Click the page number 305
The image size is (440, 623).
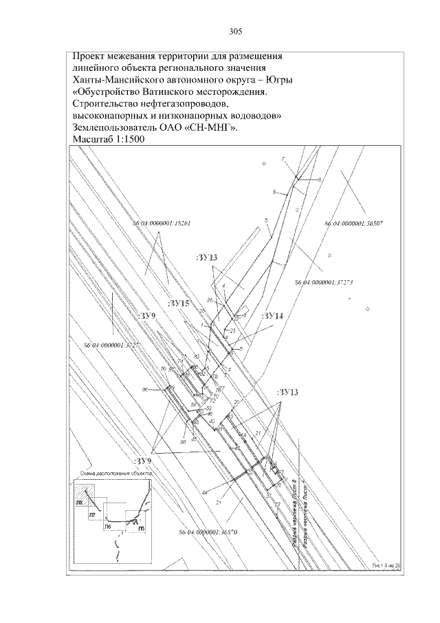pos(235,32)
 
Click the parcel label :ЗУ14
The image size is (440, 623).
pos(273,315)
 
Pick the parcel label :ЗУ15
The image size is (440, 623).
pos(178,302)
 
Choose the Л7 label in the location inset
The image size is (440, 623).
pos(91,514)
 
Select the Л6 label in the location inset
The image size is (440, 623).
pos(107,526)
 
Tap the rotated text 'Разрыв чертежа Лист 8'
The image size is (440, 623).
pos(294,513)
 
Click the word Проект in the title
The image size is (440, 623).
pos(91,56)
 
